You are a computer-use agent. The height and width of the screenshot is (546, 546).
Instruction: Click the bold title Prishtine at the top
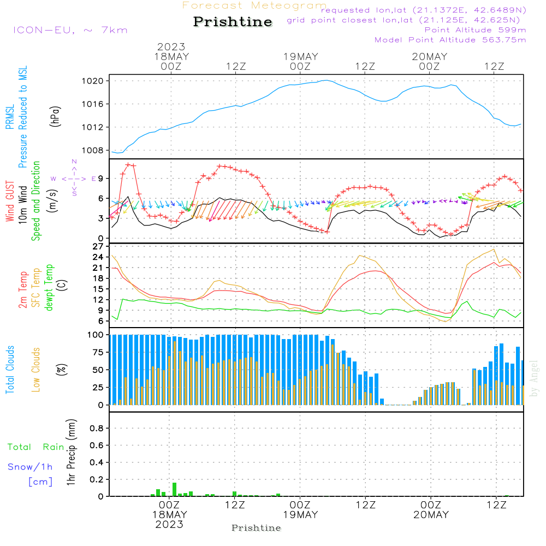(233, 22)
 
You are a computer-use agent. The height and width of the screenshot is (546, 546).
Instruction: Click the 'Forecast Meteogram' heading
(254, 5)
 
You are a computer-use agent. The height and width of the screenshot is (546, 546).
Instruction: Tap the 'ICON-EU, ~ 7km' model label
(70, 29)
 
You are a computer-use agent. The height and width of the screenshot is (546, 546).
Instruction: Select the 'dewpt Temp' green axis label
(49, 287)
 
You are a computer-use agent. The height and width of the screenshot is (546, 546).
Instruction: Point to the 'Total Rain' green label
(35, 447)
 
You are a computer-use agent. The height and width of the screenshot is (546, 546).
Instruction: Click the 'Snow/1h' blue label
(30, 467)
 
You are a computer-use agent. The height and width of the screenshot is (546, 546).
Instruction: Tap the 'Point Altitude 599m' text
(475, 29)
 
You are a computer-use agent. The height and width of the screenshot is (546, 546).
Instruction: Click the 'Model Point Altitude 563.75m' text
(450, 40)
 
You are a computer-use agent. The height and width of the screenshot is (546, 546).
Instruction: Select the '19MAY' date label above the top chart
(300, 56)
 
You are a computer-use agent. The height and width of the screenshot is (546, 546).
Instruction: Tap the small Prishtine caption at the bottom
(256, 528)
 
